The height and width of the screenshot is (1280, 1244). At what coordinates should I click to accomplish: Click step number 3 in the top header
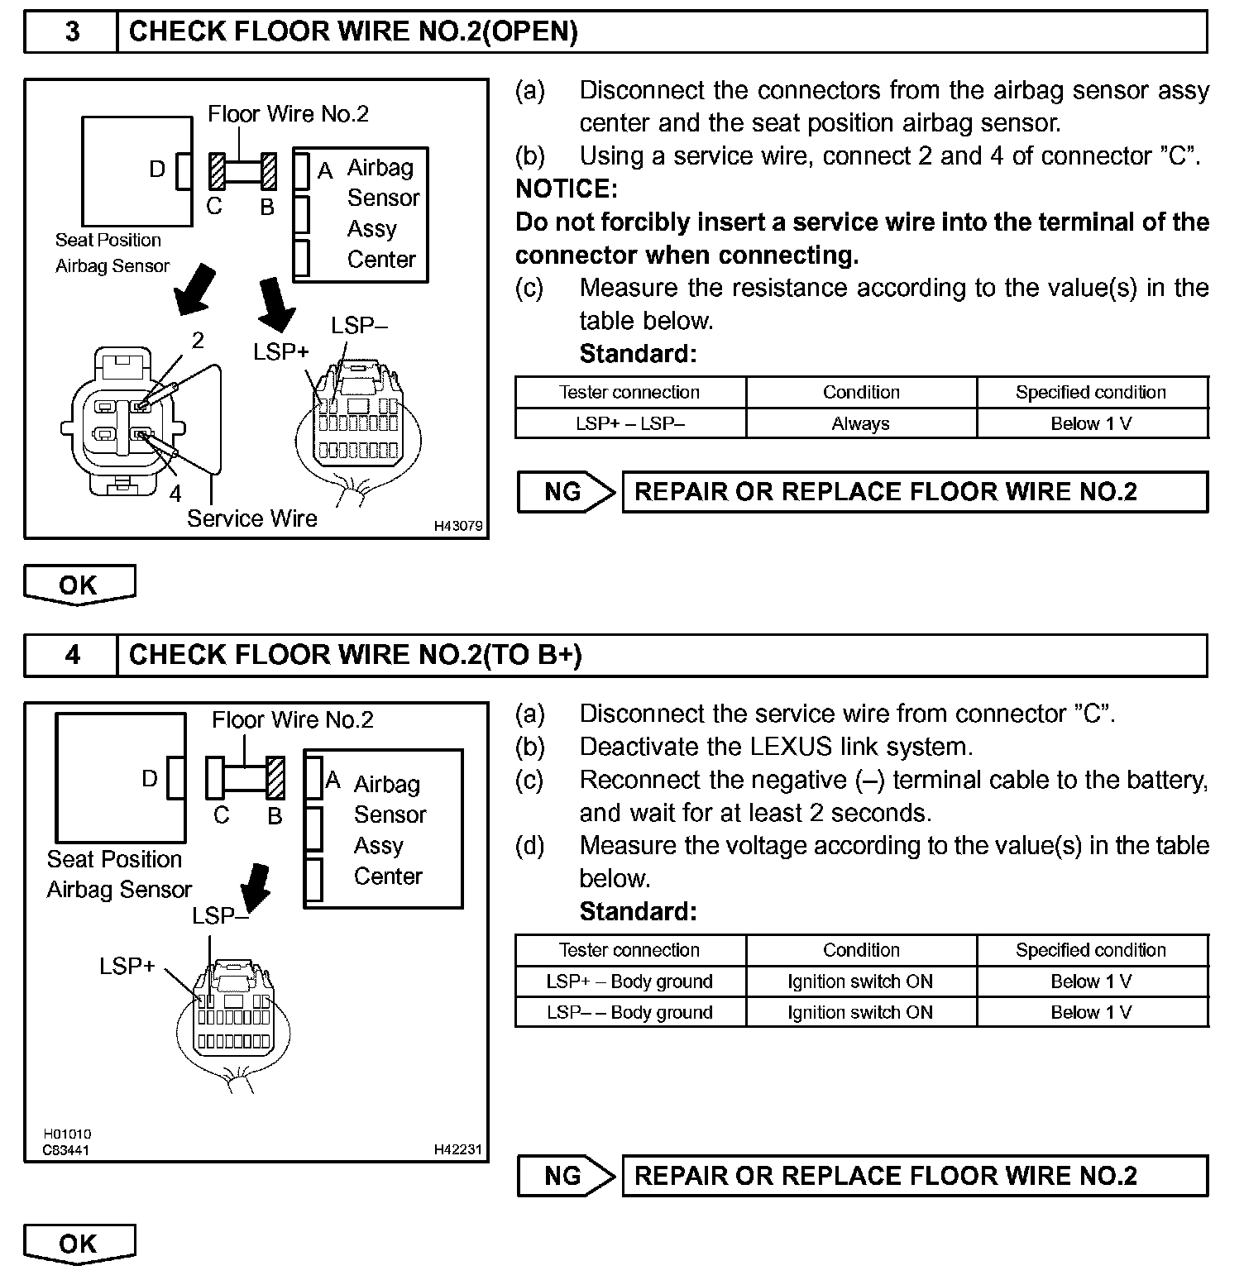[x=72, y=32]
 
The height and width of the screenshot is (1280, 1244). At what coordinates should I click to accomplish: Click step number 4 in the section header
[x=72, y=655]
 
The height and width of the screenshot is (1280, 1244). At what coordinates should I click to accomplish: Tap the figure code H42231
[x=457, y=1149]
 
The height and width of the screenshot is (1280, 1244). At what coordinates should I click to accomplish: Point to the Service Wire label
[x=252, y=518]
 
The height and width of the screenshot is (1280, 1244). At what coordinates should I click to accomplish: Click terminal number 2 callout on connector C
[x=198, y=340]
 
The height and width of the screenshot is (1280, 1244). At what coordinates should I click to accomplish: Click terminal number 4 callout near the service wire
[x=175, y=494]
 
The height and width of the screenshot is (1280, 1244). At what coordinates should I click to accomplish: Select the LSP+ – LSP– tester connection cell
[x=629, y=423]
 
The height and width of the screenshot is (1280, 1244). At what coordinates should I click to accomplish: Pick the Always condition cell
[x=860, y=423]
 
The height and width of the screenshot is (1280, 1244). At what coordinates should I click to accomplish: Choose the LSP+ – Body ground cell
[x=629, y=981]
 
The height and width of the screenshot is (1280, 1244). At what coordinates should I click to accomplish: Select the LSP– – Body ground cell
[x=629, y=1012]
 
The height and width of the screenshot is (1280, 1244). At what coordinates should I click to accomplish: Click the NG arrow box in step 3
[x=566, y=492]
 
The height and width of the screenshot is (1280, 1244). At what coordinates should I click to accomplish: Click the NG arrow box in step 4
[x=566, y=1176]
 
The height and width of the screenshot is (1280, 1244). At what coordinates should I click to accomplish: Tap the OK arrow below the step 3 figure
[x=79, y=585]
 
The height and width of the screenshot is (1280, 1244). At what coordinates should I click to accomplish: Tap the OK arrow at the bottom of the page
[x=79, y=1244]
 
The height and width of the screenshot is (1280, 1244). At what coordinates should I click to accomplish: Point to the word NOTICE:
[x=567, y=189]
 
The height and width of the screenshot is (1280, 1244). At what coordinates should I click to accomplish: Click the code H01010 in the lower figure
[x=67, y=1134]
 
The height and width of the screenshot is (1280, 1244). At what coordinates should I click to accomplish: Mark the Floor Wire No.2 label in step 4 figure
[x=293, y=719]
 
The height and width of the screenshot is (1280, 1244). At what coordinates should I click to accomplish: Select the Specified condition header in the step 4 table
[x=1091, y=950]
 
